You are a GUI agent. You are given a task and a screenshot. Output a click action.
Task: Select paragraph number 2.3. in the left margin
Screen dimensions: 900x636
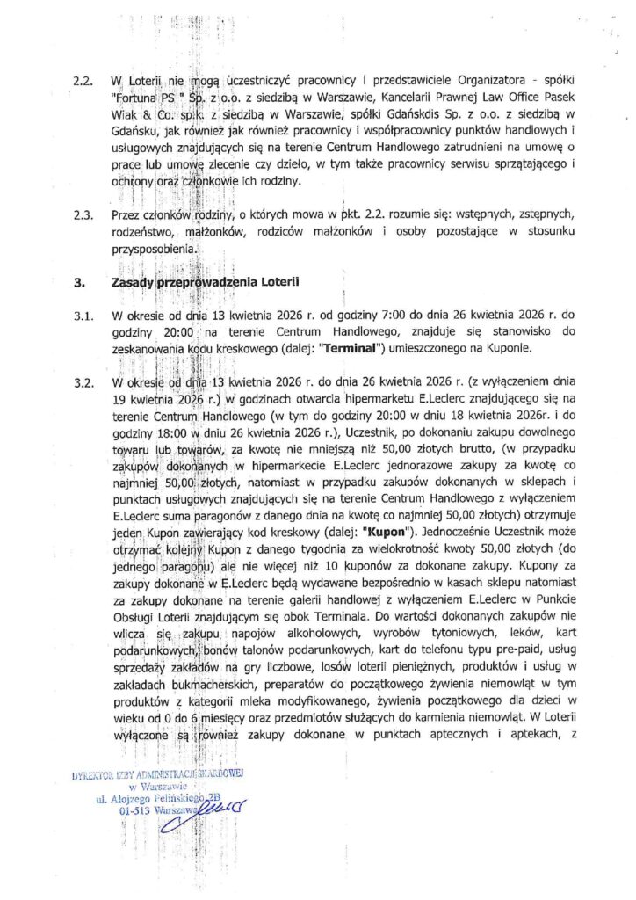coord(83,214)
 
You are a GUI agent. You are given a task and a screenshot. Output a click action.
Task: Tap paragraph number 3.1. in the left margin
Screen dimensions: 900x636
coord(83,315)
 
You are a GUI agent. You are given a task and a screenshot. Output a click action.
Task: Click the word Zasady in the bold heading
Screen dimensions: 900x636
coord(132,283)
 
